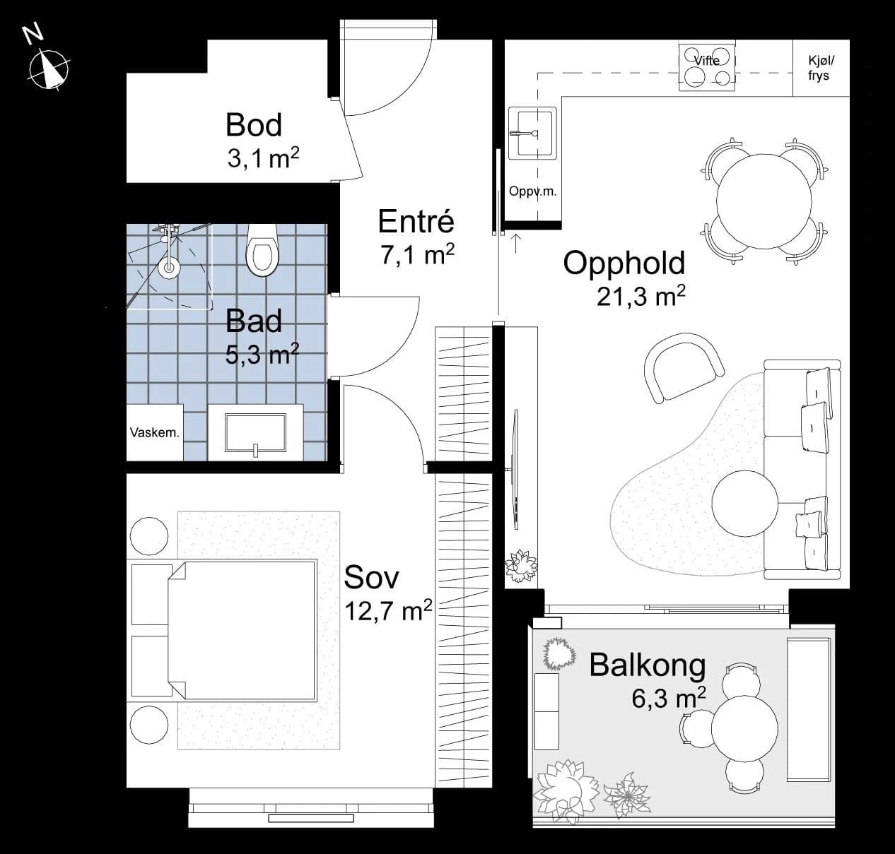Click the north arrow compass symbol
tap(49, 70)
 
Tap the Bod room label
tap(253, 124)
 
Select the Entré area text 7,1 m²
tap(417, 254)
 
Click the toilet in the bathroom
tap(262, 250)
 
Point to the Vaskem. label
tap(155, 432)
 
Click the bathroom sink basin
tap(255, 432)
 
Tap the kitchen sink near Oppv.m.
tap(532, 134)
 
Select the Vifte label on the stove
tap(707, 61)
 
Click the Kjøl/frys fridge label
tap(821, 68)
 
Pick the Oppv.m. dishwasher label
tap(532, 191)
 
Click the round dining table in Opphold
tap(764, 201)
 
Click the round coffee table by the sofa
tap(745, 504)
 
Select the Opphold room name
tap(624, 264)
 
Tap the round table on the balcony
tap(744, 729)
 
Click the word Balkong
tap(648, 666)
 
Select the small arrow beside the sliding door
tap(515, 243)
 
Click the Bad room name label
tap(253, 321)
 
